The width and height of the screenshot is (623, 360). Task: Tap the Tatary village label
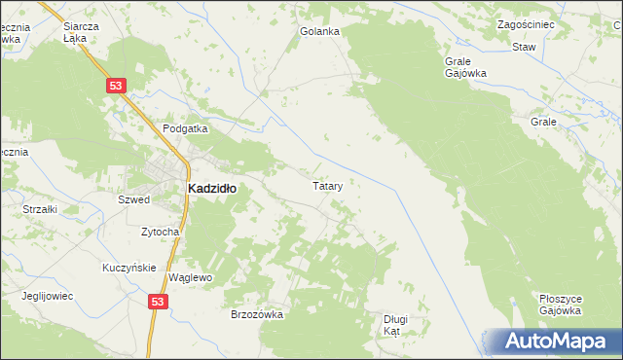coord(326,185)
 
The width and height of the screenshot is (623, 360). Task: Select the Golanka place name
coord(319,31)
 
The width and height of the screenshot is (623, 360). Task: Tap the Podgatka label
coord(186,128)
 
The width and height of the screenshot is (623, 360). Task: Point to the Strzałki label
coord(41,209)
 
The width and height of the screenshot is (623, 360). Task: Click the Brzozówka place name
coord(256,314)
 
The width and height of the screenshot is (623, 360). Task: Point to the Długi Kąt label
coord(393,325)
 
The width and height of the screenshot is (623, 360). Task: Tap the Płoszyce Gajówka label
coord(560,305)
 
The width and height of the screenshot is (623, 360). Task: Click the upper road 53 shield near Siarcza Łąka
coord(117,87)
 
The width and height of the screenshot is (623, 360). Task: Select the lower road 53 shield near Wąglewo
coord(159,303)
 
